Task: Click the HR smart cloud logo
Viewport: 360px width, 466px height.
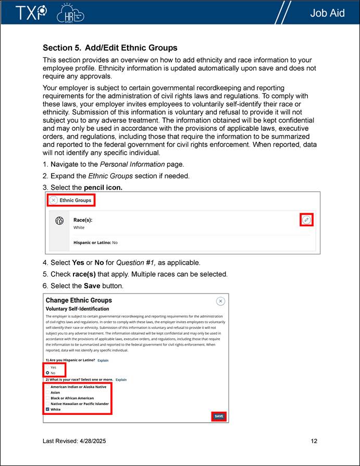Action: (x=70, y=13)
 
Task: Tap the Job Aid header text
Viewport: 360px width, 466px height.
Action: (x=327, y=13)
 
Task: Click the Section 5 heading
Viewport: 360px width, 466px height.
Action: (x=110, y=48)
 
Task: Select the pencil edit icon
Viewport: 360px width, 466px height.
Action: (x=307, y=220)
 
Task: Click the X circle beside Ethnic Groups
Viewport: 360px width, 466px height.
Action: (x=54, y=200)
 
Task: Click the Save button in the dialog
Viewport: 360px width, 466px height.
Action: (x=219, y=416)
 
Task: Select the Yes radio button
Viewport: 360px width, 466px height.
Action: (x=47, y=367)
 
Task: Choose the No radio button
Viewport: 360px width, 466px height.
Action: (x=47, y=373)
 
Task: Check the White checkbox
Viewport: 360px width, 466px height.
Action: (x=47, y=409)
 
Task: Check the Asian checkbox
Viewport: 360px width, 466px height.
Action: (x=47, y=393)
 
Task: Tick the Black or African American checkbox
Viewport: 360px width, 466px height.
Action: (x=47, y=398)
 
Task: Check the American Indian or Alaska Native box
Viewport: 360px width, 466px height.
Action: (x=47, y=387)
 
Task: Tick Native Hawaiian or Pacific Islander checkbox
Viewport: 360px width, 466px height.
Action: (x=47, y=403)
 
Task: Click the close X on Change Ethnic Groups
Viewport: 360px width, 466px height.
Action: (x=220, y=301)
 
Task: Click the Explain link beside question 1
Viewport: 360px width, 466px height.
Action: (x=103, y=360)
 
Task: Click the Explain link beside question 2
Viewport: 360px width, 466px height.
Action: (x=121, y=380)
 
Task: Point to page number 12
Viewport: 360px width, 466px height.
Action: (x=314, y=441)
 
